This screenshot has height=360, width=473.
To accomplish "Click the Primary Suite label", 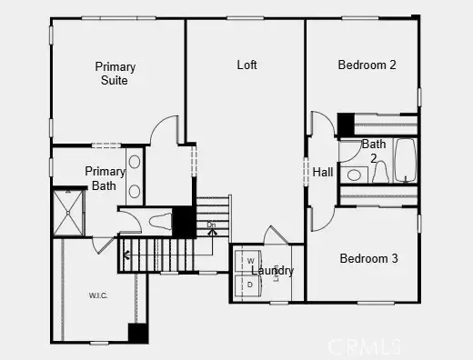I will pos(116,74).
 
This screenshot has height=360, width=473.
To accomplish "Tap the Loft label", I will pos(247,65).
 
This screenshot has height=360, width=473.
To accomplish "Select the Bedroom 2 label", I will pos(367,65).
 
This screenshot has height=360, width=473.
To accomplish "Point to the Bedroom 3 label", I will pos(368,258).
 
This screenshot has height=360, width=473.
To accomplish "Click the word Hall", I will pos(323,172).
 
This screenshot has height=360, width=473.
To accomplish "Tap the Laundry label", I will pos(272,271).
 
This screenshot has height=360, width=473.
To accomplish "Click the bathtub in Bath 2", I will pos(404,160).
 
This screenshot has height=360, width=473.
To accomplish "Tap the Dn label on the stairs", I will pos(212,224).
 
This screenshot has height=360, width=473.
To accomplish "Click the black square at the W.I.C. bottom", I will pos(137,333).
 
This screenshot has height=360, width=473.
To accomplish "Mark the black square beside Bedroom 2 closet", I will pos(346,123).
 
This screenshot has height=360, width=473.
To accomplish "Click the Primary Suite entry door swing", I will pos(164,132).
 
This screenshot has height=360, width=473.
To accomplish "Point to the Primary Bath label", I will pos(105,178).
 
